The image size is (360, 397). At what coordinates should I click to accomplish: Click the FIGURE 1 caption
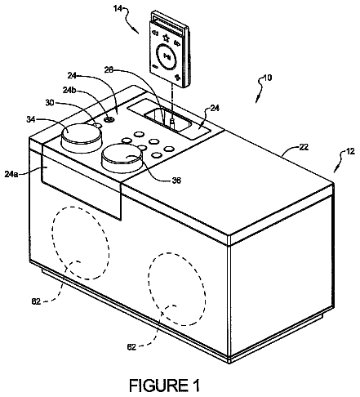[164, 385]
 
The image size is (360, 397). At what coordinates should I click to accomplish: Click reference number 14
[118, 9]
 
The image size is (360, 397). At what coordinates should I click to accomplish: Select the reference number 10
[268, 78]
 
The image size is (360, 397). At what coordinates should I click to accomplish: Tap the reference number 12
[350, 151]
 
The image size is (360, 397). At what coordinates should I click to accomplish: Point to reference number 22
[304, 147]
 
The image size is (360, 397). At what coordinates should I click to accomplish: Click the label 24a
[11, 174]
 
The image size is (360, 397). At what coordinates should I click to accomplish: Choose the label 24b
[69, 90]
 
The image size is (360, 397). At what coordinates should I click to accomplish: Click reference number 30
[50, 104]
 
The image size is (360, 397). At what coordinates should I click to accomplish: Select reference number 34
[31, 119]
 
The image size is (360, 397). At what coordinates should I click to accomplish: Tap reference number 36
[176, 181]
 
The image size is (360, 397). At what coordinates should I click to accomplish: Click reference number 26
[109, 70]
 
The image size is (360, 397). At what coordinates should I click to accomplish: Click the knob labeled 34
[82, 138]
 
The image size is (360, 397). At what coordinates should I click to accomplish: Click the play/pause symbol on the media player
[167, 56]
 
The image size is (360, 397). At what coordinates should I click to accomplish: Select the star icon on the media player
[166, 38]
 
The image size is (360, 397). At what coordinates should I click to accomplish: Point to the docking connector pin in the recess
[172, 123]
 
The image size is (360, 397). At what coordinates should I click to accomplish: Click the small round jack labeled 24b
[109, 119]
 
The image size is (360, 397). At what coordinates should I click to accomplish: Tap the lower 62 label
[131, 347]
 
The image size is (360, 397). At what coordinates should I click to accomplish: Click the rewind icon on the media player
[155, 33]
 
